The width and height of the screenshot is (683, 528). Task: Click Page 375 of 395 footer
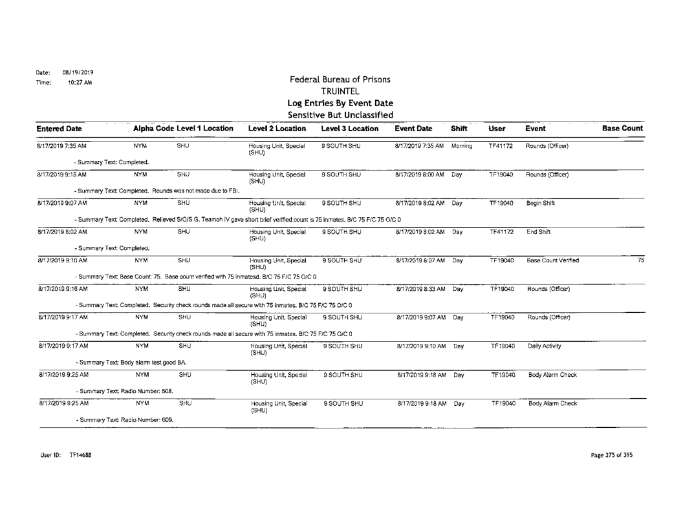(611, 455)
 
